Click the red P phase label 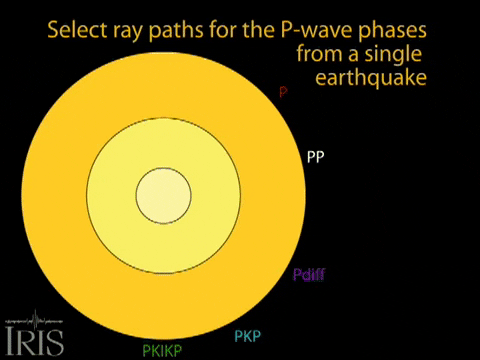283,91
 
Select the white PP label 314,157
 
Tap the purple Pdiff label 308,275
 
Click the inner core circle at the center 164,195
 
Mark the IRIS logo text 34,340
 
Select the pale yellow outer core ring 110,195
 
